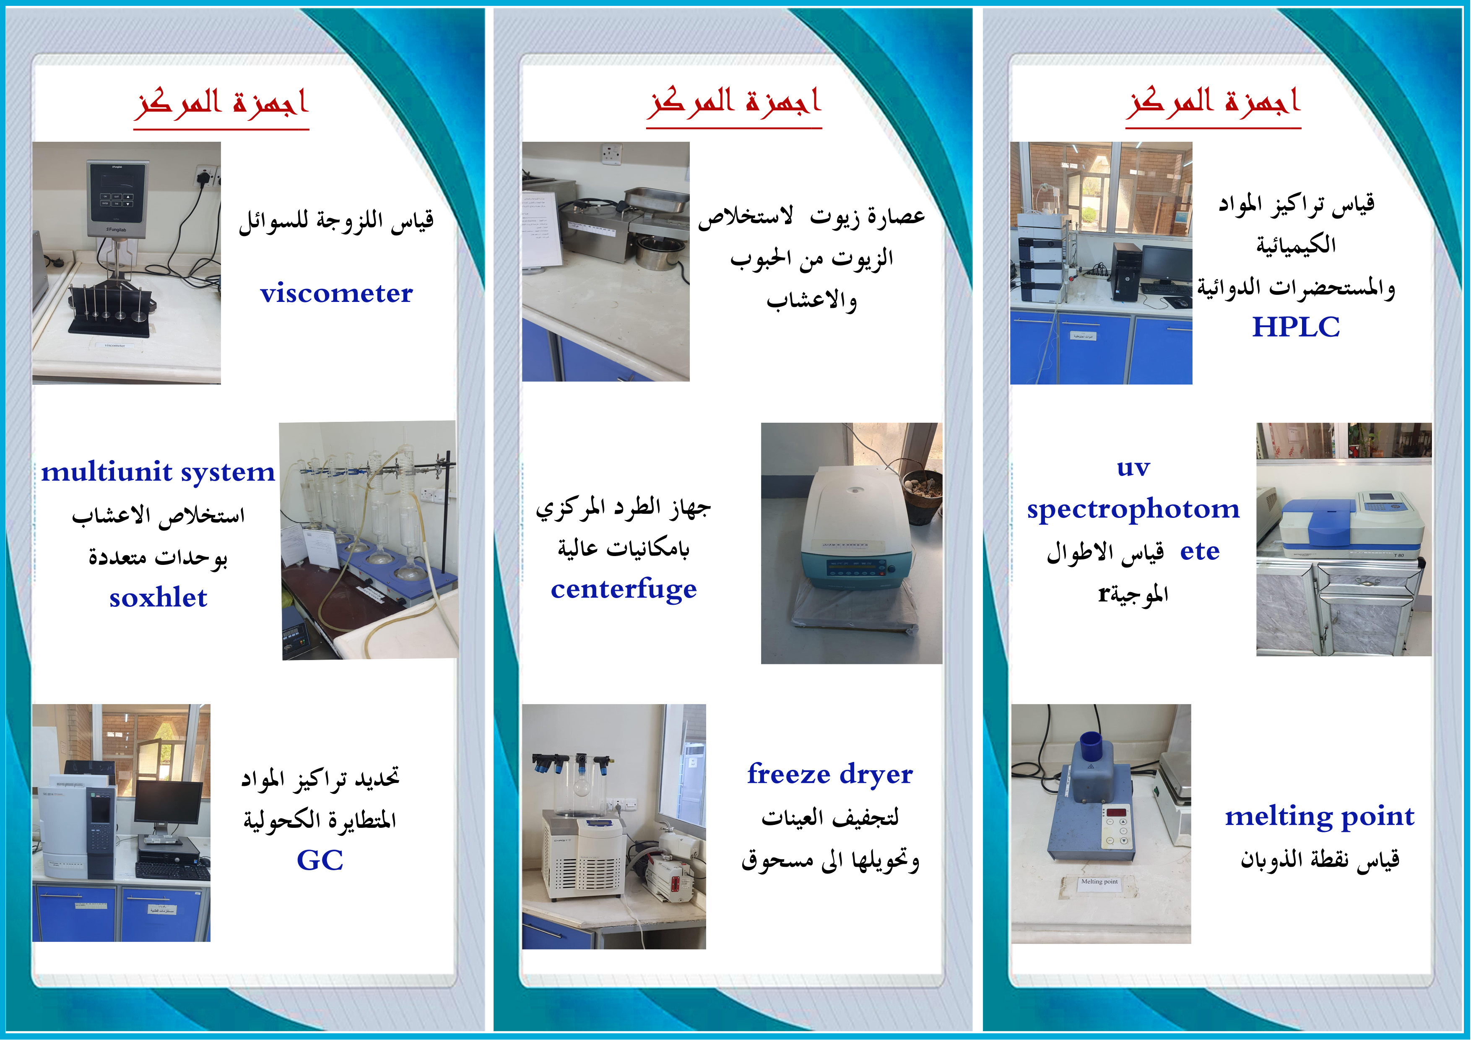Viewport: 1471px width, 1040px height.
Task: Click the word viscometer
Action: (x=336, y=294)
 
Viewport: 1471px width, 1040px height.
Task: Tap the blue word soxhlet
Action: (x=158, y=598)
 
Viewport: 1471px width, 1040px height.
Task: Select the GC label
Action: (x=320, y=860)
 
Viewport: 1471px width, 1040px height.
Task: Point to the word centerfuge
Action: (x=624, y=589)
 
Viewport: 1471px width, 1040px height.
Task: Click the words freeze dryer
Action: (x=830, y=774)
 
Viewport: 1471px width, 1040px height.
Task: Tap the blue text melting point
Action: (x=1320, y=816)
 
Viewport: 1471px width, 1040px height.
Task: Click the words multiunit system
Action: (x=158, y=472)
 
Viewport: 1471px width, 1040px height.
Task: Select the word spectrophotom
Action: (x=1133, y=510)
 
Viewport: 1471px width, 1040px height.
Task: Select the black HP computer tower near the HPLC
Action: (x=1125, y=272)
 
